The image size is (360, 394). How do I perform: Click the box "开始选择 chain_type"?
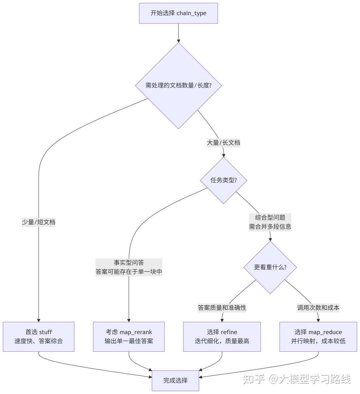178,13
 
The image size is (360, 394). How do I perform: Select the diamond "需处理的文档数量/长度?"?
178,85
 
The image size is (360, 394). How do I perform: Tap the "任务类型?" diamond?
223,180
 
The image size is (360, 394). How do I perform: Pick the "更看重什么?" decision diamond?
270,267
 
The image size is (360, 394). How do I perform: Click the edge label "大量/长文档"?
223,143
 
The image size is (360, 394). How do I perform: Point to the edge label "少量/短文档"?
39,222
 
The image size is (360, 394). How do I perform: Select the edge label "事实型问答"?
129,263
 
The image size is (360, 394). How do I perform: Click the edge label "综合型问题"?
270,218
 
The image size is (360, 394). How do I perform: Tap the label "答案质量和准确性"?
222,308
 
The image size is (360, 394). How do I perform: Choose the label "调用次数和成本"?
318,308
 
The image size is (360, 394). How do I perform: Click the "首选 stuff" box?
39,337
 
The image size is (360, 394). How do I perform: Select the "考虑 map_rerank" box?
129,337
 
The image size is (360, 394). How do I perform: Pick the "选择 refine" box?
222,337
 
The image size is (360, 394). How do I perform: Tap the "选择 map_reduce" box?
318,337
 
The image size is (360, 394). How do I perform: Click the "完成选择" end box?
175,380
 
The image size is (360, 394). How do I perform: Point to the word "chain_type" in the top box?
191,13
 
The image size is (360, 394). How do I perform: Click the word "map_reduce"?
325,332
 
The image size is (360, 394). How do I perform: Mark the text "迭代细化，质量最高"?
222,341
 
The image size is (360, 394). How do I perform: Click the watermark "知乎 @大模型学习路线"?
297,379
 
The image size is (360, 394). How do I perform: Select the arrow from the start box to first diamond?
178,33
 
